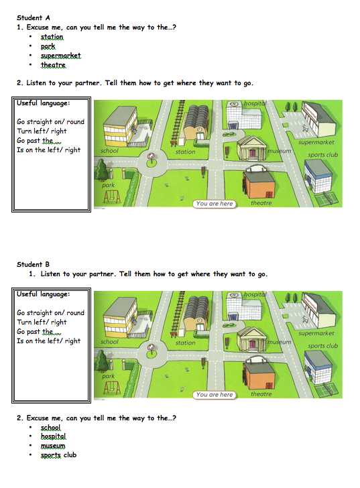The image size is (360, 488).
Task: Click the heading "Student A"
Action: click(x=34, y=17)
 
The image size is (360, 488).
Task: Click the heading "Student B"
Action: click(x=33, y=265)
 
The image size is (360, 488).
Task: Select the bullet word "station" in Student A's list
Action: click(x=52, y=37)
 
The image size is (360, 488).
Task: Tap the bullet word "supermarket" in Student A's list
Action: click(x=61, y=56)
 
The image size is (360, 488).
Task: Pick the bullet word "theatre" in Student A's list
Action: click(x=53, y=65)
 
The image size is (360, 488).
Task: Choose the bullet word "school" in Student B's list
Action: click(x=50, y=427)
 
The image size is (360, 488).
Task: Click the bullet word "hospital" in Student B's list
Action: click(x=53, y=436)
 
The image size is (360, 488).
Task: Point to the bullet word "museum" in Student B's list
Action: click(x=53, y=446)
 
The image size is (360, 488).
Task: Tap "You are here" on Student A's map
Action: click(x=215, y=204)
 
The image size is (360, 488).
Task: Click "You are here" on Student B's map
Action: click(x=215, y=395)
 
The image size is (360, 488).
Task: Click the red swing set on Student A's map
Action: click(x=112, y=196)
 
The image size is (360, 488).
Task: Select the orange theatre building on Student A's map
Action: click(x=259, y=183)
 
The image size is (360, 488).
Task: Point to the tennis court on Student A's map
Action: click(x=325, y=199)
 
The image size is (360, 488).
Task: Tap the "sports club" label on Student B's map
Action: click(x=322, y=346)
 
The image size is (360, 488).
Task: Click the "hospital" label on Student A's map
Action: click(x=255, y=103)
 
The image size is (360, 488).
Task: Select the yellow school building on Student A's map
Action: click(x=120, y=126)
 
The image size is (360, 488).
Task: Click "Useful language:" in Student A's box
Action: click(x=44, y=103)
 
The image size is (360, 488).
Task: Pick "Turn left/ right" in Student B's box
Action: click(x=42, y=322)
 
